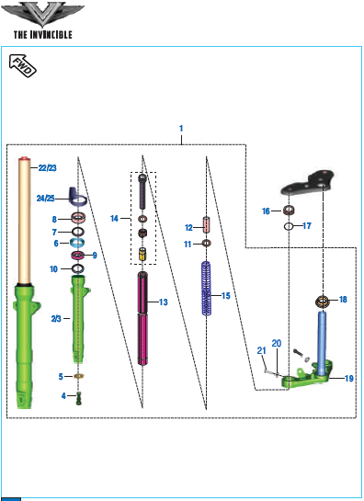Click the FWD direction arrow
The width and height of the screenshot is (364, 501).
tap(23, 65)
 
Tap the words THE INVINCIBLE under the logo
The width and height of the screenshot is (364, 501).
tap(43, 35)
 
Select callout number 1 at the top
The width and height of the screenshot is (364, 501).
tap(181, 129)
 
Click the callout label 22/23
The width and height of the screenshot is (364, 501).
tap(47, 167)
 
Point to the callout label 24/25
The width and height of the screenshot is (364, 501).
tap(45, 199)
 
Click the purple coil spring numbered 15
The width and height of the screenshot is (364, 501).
tap(207, 289)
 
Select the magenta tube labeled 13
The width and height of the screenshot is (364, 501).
tap(142, 318)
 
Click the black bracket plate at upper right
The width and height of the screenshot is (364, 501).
tap(308, 182)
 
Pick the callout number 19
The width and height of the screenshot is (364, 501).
tap(349, 379)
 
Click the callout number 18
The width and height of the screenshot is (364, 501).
tap(343, 300)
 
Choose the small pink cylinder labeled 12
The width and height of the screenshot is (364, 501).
tap(207, 225)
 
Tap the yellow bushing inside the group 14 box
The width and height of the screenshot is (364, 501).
tap(142, 255)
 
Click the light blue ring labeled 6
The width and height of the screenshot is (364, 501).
tap(77, 243)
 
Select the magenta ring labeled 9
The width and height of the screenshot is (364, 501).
tap(77, 255)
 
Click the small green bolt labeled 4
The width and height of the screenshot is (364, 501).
tap(79, 398)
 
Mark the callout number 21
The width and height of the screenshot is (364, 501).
tap(262, 350)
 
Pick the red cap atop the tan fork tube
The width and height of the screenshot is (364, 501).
tap(24, 159)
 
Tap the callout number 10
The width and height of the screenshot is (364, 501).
tap(53, 269)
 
